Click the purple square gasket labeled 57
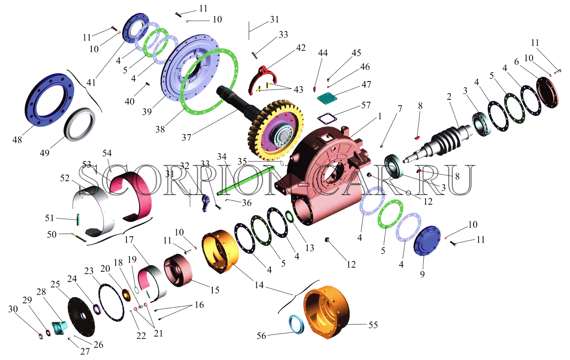[327, 119]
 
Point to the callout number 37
[186, 138]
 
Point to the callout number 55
[373, 325]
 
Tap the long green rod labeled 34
[246, 180]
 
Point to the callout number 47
[366, 85]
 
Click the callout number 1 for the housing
[380, 117]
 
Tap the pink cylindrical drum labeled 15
[178, 270]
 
